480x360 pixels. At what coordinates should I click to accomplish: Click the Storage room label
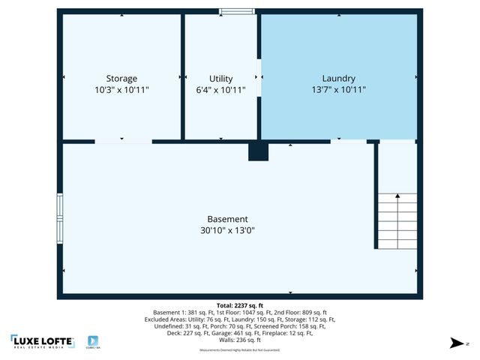(121, 79)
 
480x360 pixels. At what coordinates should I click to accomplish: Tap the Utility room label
(220, 79)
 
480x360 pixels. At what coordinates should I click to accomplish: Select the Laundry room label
(338, 79)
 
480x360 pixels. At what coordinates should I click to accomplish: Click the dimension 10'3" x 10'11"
(121, 90)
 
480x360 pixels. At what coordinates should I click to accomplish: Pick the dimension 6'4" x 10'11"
(220, 90)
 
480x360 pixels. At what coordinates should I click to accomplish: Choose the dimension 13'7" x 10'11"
(338, 90)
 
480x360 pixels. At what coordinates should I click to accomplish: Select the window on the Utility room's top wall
(236, 11)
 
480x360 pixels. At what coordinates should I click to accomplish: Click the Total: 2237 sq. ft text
(240, 305)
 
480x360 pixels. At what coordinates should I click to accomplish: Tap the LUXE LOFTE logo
(42, 340)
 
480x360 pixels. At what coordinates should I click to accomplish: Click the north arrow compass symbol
(455, 343)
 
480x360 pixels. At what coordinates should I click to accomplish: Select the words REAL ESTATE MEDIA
(42, 347)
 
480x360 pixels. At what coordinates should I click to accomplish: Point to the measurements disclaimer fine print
(240, 350)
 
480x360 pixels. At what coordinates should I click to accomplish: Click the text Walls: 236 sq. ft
(240, 340)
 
